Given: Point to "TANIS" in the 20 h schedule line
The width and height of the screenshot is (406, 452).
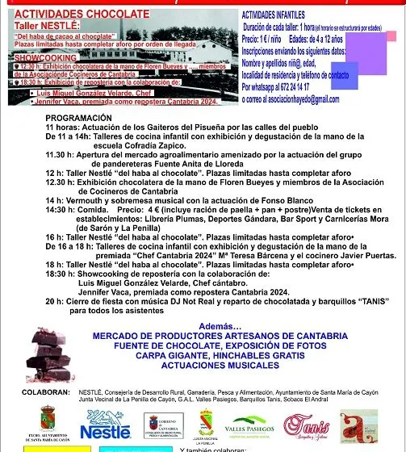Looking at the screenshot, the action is [349, 300].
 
